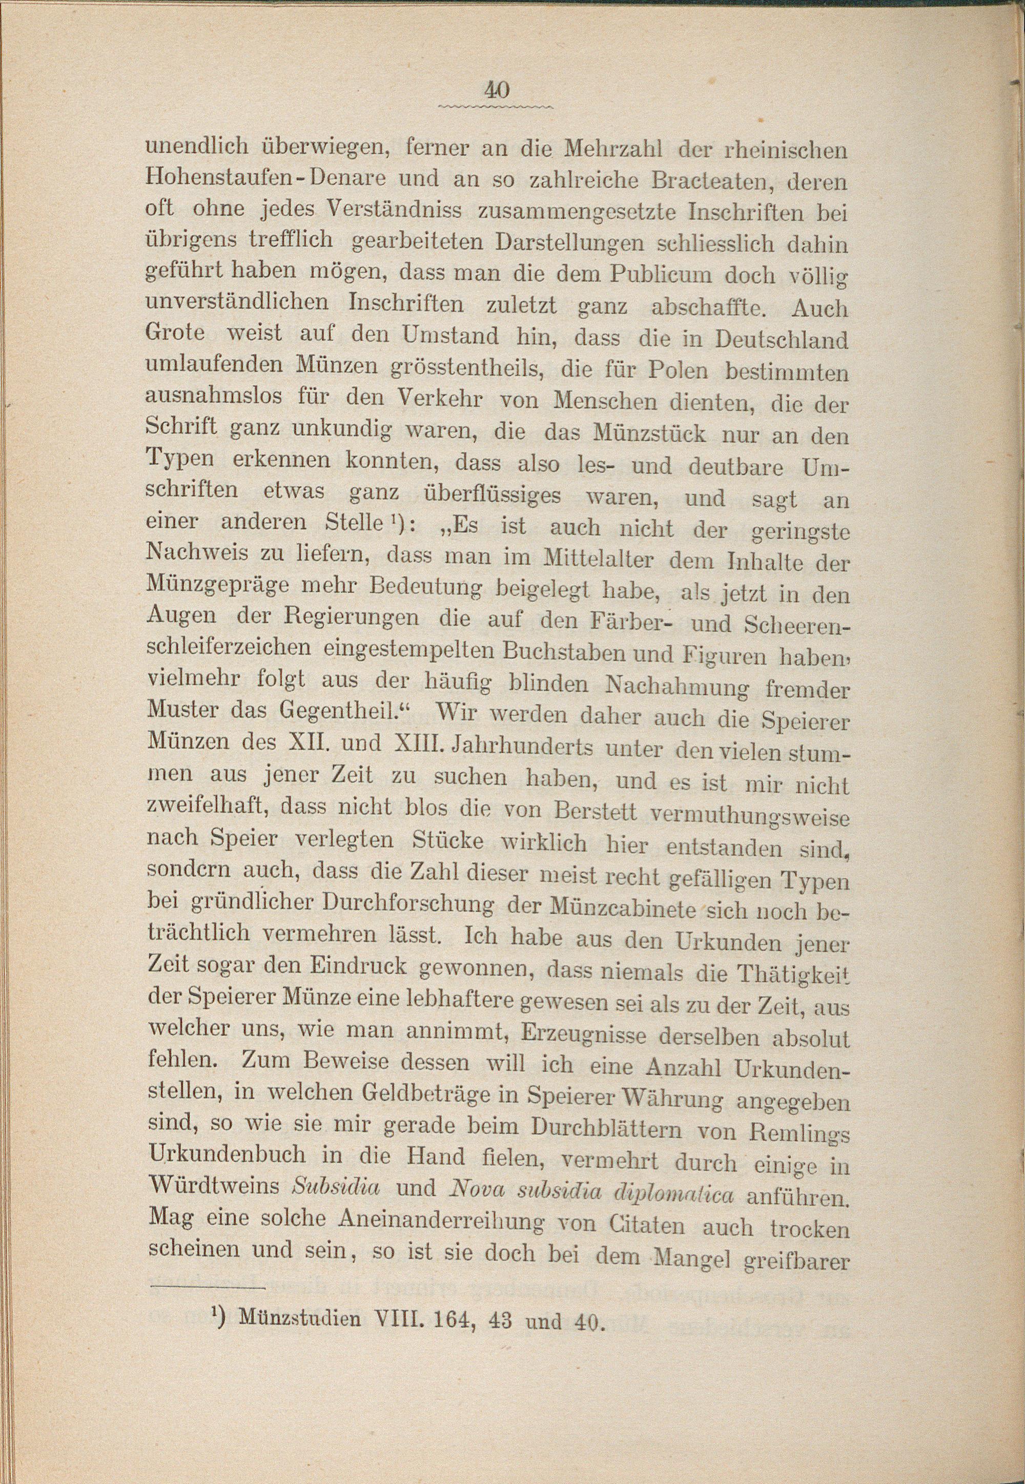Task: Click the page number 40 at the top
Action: coord(497,90)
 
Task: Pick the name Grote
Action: coord(176,333)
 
